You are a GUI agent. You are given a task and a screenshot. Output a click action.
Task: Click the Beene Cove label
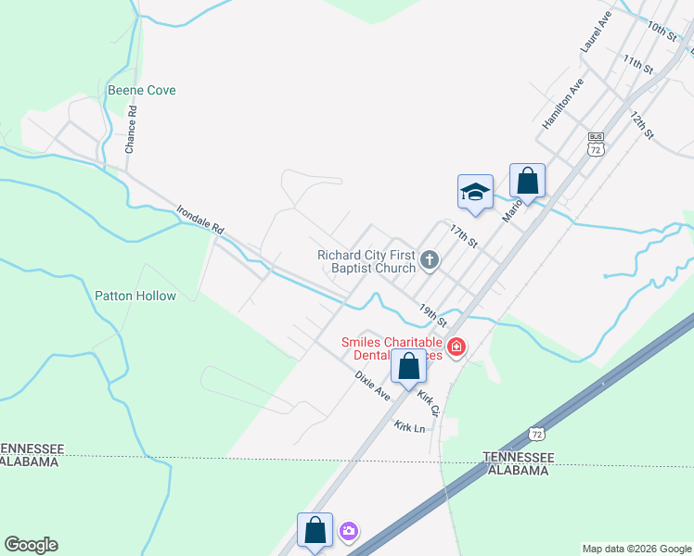[142, 91]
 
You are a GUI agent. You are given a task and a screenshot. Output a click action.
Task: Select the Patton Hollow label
[135, 297]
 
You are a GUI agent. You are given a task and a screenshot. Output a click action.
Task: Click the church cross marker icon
[429, 260]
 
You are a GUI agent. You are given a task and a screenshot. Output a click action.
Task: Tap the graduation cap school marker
[475, 193]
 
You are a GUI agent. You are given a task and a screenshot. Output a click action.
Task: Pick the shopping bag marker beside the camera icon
[315, 530]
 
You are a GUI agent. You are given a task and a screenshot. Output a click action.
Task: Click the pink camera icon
[349, 531]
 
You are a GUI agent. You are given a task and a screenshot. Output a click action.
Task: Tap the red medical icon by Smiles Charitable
[456, 347]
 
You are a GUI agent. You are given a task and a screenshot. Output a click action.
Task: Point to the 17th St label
[463, 236]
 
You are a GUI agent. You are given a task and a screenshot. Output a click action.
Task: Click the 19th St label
[432, 314]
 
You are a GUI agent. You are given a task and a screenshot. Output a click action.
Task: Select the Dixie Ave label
[373, 385]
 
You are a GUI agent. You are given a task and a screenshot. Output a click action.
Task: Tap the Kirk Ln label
[409, 427]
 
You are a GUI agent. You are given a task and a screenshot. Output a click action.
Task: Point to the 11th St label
[638, 64]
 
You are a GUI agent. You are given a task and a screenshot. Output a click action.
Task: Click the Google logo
[31, 545]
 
